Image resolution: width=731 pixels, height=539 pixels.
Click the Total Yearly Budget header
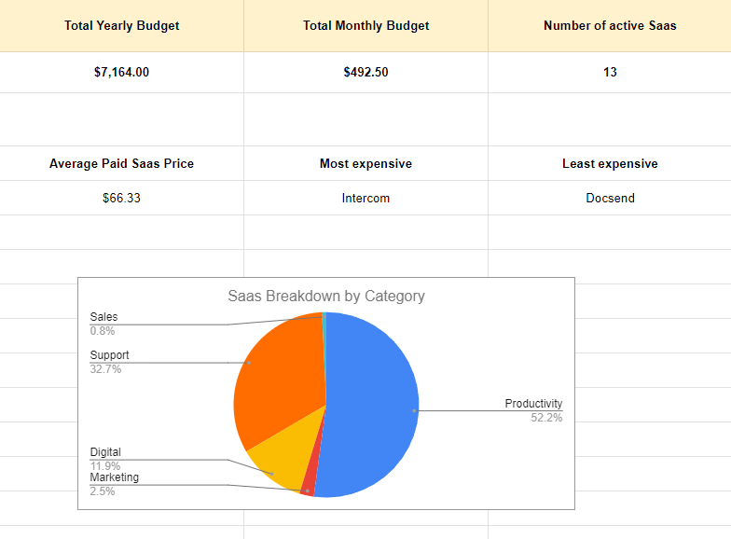122,25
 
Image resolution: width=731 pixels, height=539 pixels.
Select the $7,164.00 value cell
122,72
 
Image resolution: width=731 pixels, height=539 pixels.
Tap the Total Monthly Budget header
366,25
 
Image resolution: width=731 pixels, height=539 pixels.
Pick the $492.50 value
366,72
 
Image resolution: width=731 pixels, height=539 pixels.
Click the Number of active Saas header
610,25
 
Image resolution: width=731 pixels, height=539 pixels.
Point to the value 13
610,72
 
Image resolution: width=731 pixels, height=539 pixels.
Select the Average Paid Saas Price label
122,163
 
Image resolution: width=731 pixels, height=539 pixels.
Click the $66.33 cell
122,198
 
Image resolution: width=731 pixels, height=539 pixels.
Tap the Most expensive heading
366,163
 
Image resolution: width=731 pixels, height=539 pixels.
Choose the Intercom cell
366,198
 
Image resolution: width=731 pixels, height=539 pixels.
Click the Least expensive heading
610,163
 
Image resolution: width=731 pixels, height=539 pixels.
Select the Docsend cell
610,198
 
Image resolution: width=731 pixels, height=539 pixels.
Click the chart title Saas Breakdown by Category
326,296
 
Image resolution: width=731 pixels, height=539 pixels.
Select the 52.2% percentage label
546,418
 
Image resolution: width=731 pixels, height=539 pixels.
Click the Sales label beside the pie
103,317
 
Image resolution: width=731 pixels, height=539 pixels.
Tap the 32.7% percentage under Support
105,369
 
